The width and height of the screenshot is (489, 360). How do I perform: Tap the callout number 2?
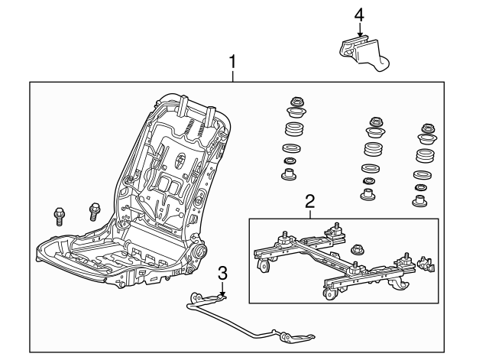click(x=309, y=202)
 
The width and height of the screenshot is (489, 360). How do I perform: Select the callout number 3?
click(x=222, y=273)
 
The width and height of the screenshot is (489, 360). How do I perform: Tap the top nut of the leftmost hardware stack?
click(x=295, y=102)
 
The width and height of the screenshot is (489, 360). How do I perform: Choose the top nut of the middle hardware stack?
click(x=374, y=122)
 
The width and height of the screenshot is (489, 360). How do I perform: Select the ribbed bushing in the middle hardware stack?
click(x=372, y=149)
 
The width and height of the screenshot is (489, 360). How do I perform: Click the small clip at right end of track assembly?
click(x=427, y=265)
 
